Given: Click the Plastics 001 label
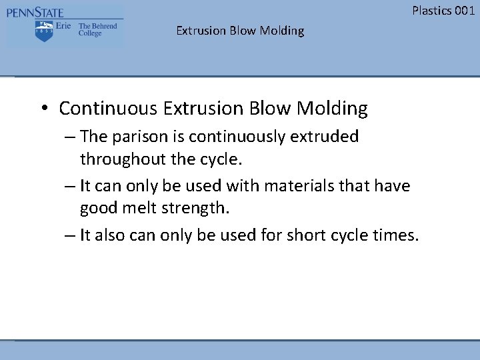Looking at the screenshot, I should (443, 10).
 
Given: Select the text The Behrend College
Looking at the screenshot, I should (97, 30).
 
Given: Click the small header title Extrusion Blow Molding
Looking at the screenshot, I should (240, 31).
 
